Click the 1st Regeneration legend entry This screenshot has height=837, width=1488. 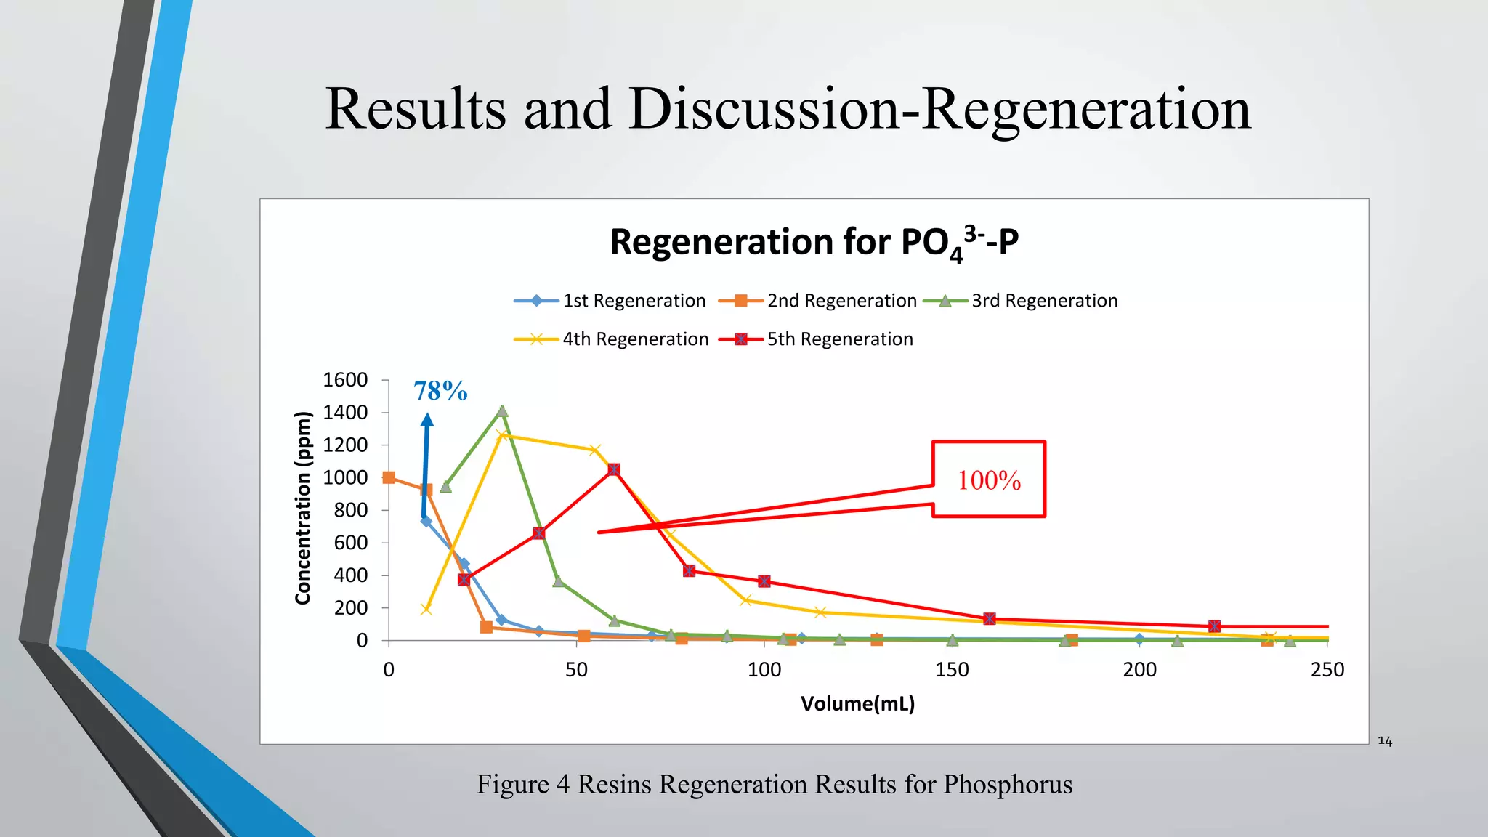[x=610, y=301]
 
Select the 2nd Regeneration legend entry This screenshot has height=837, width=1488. [x=818, y=301]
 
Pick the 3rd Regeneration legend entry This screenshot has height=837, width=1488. [x=1021, y=301]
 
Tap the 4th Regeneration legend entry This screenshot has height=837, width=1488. [x=612, y=339]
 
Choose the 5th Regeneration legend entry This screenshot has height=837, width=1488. [x=816, y=339]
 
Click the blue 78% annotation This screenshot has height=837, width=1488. [x=440, y=392]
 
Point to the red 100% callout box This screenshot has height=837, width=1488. [x=988, y=480]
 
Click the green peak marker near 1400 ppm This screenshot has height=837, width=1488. [x=502, y=411]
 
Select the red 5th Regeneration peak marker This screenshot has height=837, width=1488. [x=614, y=469]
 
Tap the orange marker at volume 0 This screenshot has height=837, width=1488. [x=389, y=477]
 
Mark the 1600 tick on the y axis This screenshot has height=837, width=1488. [x=345, y=380]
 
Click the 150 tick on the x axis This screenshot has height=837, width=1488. [x=952, y=670]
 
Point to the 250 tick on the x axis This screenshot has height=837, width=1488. [x=1327, y=670]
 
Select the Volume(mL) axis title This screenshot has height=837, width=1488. [x=857, y=703]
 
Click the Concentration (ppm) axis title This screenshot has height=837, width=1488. [x=303, y=508]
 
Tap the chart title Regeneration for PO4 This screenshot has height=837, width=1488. [x=814, y=243]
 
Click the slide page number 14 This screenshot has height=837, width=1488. [x=1385, y=741]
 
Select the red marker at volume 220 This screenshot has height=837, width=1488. [x=1214, y=626]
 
